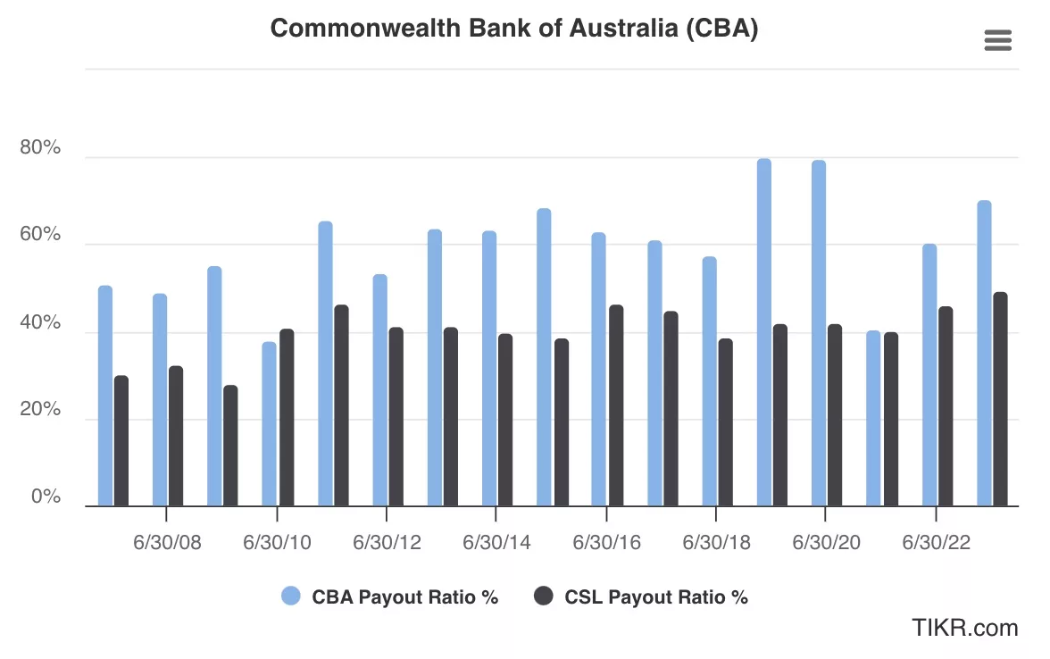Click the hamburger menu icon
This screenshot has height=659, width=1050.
pyautogui.click(x=997, y=40)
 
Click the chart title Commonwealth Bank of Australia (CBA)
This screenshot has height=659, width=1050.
pyautogui.click(x=514, y=29)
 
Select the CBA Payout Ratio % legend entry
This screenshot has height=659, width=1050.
pyautogui.click(x=390, y=596)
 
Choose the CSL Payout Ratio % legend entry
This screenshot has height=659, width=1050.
pyautogui.click(x=641, y=596)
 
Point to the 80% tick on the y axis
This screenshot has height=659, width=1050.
pyautogui.click(x=40, y=148)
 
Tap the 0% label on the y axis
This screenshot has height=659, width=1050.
pyautogui.click(x=46, y=496)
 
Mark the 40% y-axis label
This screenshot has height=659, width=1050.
pyautogui.click(x=40, y=322)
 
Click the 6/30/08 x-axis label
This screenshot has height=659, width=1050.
pyautogui.click(x=167, y=543)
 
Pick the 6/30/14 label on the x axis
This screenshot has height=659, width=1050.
pyautogui.click(x=496, y=543)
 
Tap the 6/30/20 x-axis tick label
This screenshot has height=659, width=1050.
pyautogui.click(x=826, y=543)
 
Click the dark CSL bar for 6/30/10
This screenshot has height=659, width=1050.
pyautogui.click(x=287, y=418)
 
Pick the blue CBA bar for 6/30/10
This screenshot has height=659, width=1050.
pyautogui.click(x=270, y=424)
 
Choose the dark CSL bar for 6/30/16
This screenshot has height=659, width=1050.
pyautogui.click(x=616, y=405)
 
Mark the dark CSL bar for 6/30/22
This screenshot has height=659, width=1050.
pyautogui.click(x=946, y=406)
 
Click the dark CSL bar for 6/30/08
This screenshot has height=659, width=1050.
pyautogui.click(x=176, y=437)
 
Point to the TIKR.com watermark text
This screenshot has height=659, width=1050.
pyautogui.click(x=964, y=628)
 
